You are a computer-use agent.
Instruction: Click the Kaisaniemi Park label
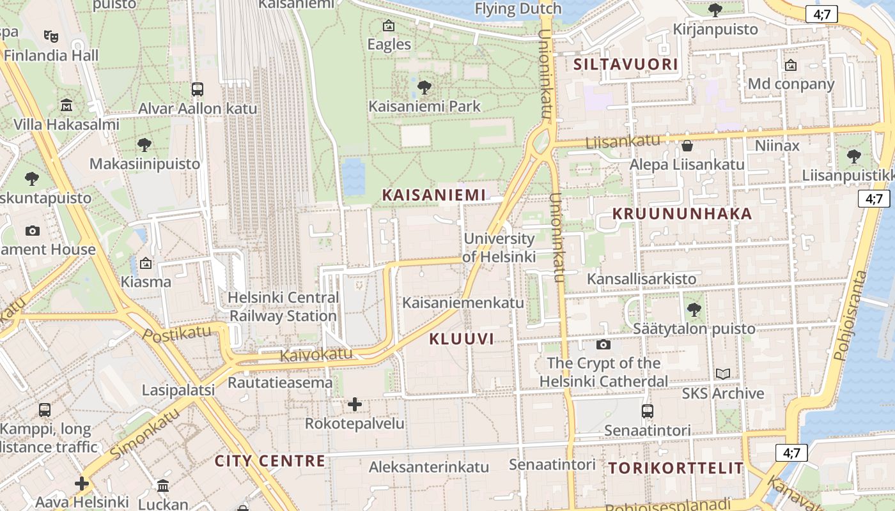pos(424,106)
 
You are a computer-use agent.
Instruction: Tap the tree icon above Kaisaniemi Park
pos(423,87)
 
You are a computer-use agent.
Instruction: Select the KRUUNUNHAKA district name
pos(682,214)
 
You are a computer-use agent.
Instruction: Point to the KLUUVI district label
pos(462,339)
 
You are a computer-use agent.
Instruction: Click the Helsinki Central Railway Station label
pos(283,307)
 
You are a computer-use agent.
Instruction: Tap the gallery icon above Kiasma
pos(146,263)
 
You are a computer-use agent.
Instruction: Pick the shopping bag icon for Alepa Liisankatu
pos(687,146)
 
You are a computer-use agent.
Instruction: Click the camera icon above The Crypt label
pos(603,345)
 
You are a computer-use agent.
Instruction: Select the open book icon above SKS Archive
pos(722,374)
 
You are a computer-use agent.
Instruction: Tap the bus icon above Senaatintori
pos(648,411)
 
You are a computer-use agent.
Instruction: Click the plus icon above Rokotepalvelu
pos(355,404)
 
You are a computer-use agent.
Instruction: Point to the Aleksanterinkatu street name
pos(428,467)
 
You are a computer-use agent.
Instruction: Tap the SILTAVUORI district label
pos(625,65)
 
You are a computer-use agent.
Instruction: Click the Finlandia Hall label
pos(51,56)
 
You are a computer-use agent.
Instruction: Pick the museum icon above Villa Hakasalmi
pos(66,105)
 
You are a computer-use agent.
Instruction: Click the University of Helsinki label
pos(499,248)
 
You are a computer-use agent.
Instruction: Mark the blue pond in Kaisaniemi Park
pos(354,176)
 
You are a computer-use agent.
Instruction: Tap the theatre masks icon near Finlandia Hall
pos(51,36)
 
